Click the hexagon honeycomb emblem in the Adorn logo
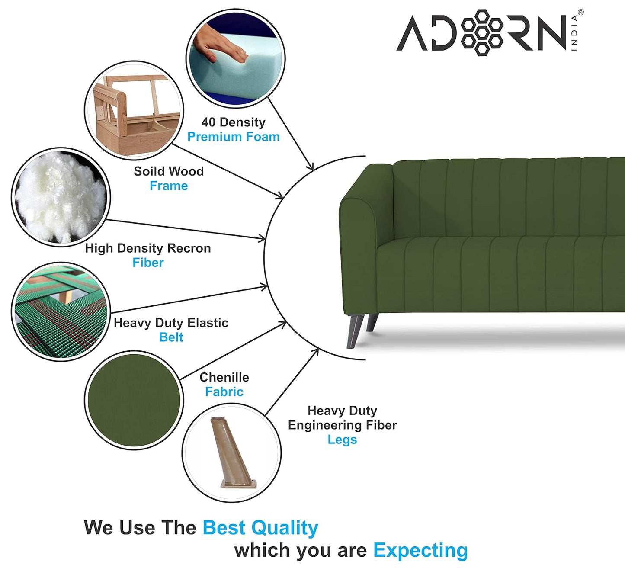(x=481, y=32)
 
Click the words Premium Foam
(x=233, y=137)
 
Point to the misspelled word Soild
(x=147, y=171)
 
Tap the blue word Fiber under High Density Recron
(x=148, y=263)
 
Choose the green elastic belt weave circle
(x=61, y=312)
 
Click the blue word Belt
(x=171, y=337)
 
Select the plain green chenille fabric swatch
(x=134, y=400)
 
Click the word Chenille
(x=224, y=377)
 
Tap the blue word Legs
(x=342, y=440)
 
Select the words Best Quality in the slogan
(x=260, y=528)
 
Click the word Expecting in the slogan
(x=420, y=550)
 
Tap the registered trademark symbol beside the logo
(x=580, y=12)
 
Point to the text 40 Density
(x=233, y=122)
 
